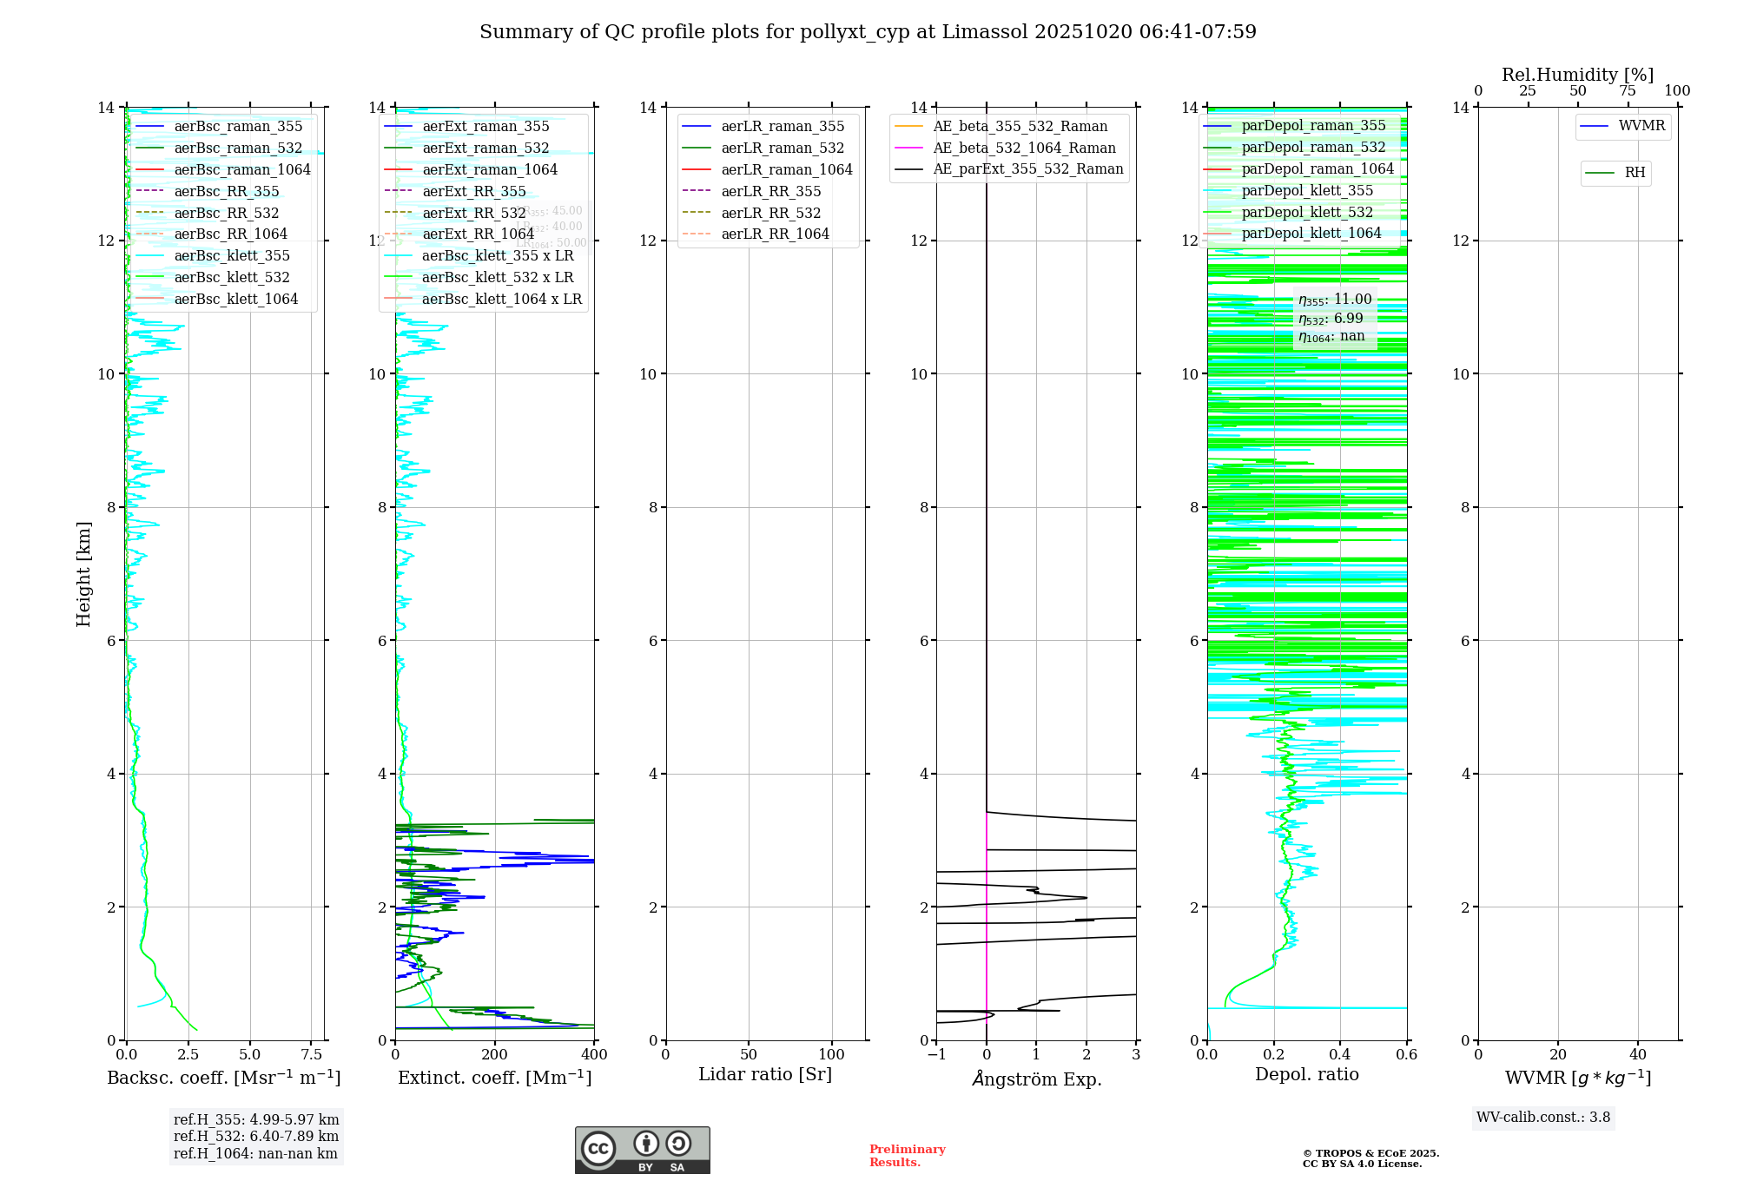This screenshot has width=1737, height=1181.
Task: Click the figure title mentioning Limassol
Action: [x=868, y=32]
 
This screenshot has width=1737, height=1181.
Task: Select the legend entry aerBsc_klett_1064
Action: [x=235, y=299]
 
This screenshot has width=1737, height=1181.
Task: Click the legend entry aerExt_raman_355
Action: [x=485, y=127]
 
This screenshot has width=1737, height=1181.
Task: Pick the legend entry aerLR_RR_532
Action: [x=770, y=213]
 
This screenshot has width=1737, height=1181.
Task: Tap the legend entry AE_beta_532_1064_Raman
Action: [x=1024, y=148]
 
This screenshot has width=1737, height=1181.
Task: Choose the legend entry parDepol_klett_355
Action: [x=1307, y=190]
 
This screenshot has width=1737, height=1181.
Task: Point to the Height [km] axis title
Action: [x=83, y=573]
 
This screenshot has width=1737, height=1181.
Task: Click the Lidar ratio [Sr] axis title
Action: [x=764, y=1074]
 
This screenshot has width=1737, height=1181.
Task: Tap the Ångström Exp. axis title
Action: [x=1036, y=1079]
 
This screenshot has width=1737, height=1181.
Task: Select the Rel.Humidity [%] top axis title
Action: [x=1577, y=75]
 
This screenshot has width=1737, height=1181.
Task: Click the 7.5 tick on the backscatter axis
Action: [x=311, y=1055]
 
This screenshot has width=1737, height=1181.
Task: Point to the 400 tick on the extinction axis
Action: [x=594, y=1055]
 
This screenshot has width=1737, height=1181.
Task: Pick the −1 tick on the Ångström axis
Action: [x=935, y=1055]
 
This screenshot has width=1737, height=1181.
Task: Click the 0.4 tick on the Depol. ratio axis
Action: [x=1340, y=1055]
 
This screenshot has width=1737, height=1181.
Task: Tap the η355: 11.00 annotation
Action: [x=1335, y=300]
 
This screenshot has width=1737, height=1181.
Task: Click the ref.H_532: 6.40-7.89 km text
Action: [x=256, y=1136]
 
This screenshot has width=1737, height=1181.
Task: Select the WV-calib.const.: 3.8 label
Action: [x=1543, y=1118]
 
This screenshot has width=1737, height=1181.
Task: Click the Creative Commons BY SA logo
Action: [x=642, y=1150]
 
